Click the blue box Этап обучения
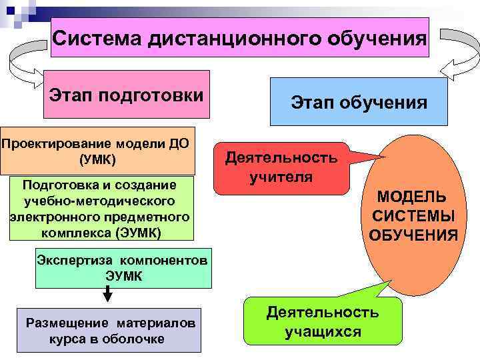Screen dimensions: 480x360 point(359,102)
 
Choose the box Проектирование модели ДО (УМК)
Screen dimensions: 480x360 point(97,151)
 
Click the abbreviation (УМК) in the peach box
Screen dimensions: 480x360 point(97,160)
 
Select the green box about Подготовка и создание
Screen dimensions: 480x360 point(100,208)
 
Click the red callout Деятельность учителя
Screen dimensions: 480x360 point(281,168)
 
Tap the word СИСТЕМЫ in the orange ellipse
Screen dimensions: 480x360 point(413,216)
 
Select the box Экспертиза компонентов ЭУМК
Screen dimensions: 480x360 point(123,267)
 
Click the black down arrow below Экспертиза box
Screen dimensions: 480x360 point(107,293)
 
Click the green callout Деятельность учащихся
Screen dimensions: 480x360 point(323,321)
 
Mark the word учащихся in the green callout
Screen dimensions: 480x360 point(323,331)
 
